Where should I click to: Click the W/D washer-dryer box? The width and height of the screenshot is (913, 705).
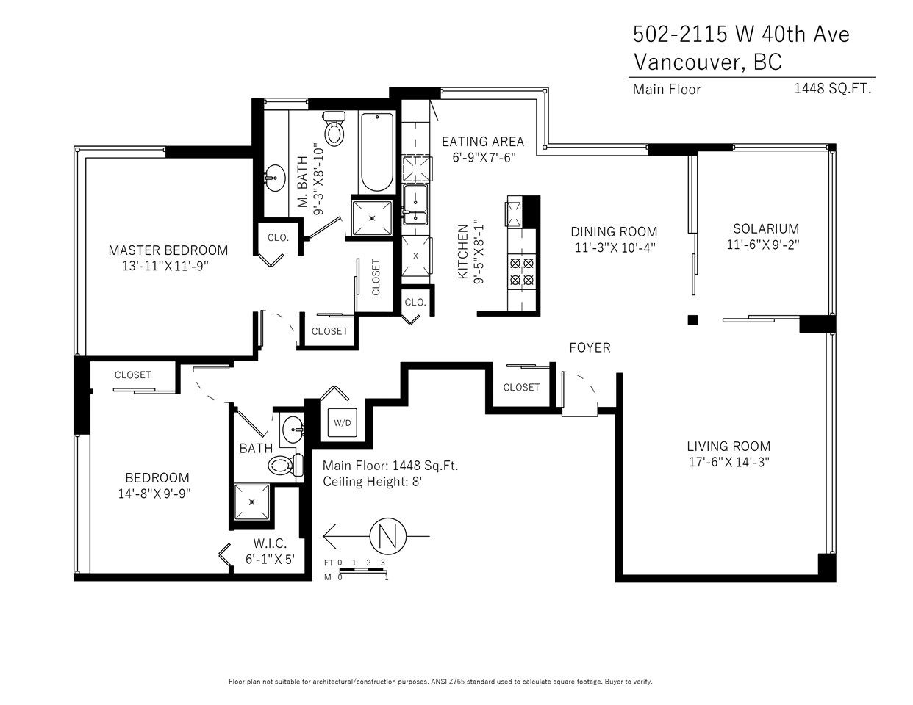click(x=342, y=422)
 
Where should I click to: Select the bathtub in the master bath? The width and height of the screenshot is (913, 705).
click(x=377, y=152)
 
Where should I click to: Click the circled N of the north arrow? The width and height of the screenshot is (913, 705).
click(x=388, y=536)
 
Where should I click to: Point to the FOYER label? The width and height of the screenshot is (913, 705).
click(x=590, y=347)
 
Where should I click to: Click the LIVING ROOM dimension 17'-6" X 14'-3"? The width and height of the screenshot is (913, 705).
click(x=729, y=462)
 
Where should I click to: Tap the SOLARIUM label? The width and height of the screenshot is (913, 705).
click(x=766, y=228)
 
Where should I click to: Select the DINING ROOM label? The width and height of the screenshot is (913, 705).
click(x=614, y=231)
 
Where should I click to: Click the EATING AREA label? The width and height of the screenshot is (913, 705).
click(x=483, y=142)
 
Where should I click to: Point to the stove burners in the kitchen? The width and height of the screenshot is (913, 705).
click(x=522, y=272)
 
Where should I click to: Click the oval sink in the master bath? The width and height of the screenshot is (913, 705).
click(x=275, y=178)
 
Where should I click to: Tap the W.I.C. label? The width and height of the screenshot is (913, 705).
click(x=270, y=543)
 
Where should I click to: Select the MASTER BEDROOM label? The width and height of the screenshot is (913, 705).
click(x=168, y=250)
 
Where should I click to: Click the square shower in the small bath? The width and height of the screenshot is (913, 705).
click(x=251, y=502)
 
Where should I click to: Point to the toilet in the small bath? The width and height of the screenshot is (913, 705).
click(x=286, y=465)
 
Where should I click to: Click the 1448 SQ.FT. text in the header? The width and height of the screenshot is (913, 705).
click(x=832, y=89)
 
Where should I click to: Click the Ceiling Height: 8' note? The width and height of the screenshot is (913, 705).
click(x=372, y=481)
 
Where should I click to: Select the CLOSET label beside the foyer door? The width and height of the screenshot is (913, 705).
click(x=521, y=387)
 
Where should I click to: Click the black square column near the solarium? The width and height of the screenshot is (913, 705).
click(x=692, y=319)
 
